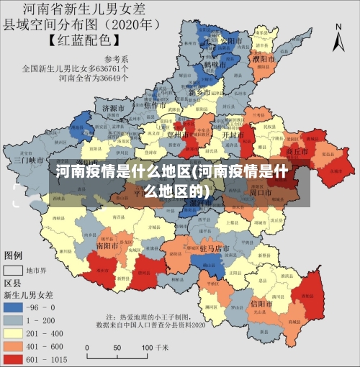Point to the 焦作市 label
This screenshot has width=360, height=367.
(x=156, y=105)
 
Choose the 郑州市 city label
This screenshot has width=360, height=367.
(x=176, y=134)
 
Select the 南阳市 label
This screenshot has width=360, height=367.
(x=108, y=245)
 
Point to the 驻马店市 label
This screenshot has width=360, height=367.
(x=214, y=248)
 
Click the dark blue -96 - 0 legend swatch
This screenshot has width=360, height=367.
(x=14, y=306)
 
